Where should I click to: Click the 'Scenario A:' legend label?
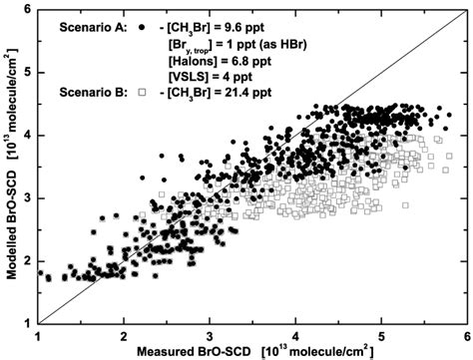[89, 27]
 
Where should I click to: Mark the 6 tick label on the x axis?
[465, 334]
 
